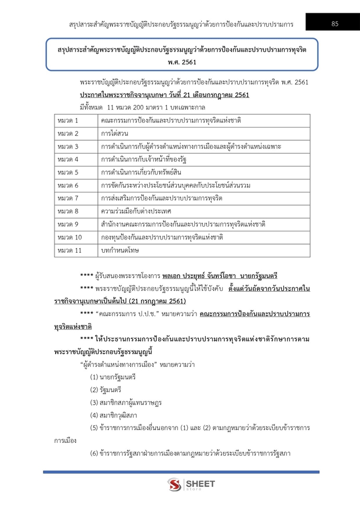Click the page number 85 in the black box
point(334,24)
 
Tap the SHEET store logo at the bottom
point(191,485)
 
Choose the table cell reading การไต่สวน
point(114,133)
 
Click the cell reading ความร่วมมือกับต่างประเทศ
point(140,212)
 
